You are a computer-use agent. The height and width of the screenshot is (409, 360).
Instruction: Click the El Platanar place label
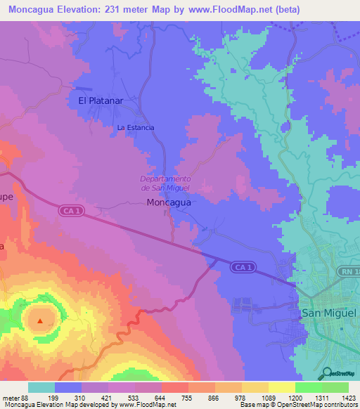coord(101,100)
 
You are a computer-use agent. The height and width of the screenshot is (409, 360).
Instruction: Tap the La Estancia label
coord(136,127)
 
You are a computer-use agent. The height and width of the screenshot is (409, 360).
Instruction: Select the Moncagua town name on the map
coord(168,202)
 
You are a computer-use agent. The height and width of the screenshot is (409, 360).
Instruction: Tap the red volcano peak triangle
coord(40,321)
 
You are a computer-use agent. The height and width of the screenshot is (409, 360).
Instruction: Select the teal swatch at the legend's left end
coord(41,387)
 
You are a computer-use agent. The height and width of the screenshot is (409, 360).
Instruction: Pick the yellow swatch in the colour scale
coord(282,387)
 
